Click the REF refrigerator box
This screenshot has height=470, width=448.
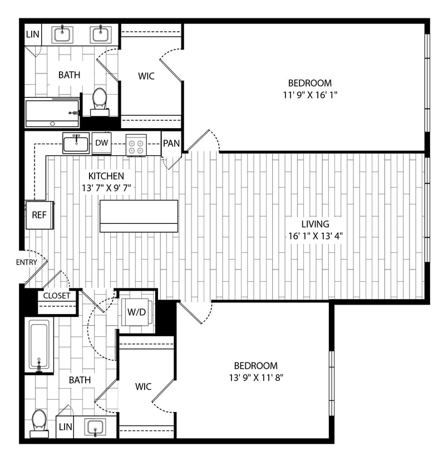click(39, 215)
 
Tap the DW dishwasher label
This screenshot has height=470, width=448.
click(101, 143)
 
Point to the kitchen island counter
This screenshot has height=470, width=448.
click(139, 216)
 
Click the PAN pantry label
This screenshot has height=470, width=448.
click(171, 143)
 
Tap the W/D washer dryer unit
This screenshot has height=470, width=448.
click(136, 312)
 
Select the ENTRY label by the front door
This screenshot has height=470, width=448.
click(27, 262)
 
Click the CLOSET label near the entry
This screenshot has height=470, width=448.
click(57, 296)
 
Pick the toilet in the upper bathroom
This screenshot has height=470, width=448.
click(100, 100)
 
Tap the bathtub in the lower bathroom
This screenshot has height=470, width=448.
click(39, 345)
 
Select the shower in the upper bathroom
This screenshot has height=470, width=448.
click(52, 113)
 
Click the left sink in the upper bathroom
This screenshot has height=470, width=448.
click(62, 35)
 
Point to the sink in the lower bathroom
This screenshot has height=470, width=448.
click(96, 428)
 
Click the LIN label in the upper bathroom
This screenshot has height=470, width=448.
click(33, 35)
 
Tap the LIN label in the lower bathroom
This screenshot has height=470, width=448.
click(65, 427)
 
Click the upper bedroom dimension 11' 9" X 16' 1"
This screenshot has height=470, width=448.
click(310, 95)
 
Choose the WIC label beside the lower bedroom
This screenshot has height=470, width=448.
click(143, 385)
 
